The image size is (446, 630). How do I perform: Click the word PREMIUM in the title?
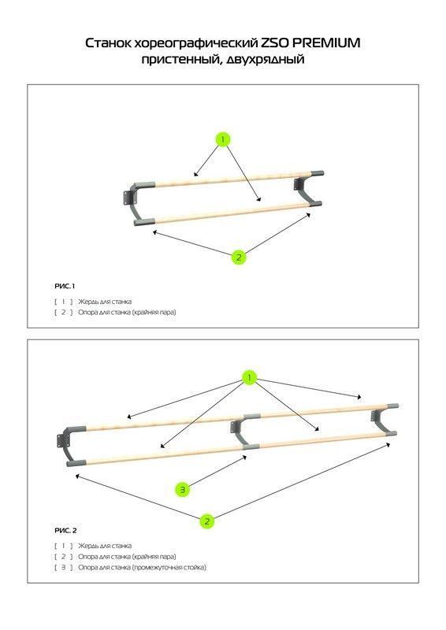tap(325, 43)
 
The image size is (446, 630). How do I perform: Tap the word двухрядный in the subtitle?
tap(266, 60)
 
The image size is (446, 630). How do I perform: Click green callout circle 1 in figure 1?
tap(223, 139)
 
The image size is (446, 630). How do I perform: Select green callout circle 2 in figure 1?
tap(239, 258)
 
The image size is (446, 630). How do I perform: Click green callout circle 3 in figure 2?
tap(183, 490)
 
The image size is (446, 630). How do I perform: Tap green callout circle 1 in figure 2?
tap(249, 378)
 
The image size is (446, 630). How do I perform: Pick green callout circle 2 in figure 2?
tap(207, 521)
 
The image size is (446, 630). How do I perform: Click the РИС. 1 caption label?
tap(65, 286)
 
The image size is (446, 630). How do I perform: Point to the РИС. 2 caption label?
tap(65, 530)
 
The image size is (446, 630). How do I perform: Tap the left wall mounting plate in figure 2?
tap(61, 441)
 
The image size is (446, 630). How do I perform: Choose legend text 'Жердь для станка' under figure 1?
tap(105, 302)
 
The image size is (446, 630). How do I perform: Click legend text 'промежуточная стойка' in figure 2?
tap(169, 567)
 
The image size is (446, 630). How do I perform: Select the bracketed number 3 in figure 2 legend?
tap(64, 567)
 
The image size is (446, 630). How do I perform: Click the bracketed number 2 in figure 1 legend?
tap(64, 312)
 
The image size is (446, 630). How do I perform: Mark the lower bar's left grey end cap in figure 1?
tap(144, 222)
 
